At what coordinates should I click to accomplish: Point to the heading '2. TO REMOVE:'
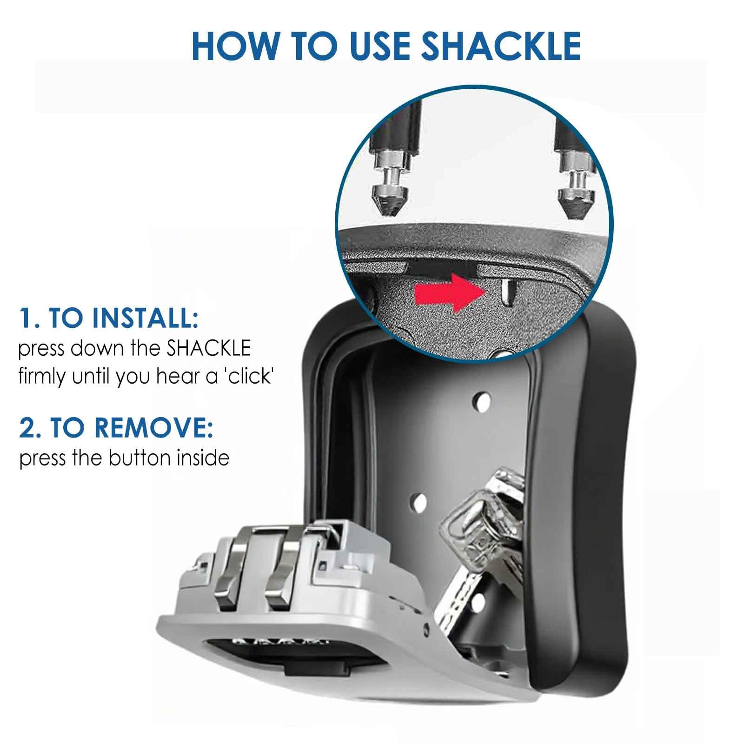point(116,429)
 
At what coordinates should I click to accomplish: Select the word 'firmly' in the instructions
point(43,377)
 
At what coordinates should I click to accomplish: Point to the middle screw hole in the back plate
point(419,500)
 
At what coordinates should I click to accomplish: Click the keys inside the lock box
point(484,558)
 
